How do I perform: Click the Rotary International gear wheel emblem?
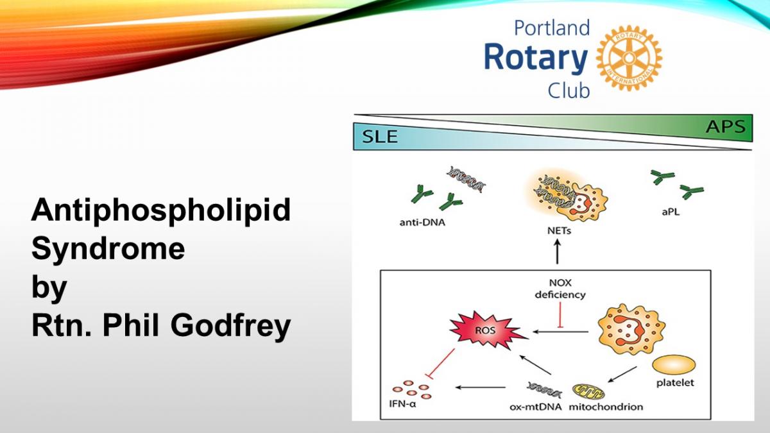(629, 58)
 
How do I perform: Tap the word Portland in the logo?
(552, 28)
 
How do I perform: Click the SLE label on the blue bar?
(380, 137)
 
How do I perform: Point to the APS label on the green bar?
(726, 126)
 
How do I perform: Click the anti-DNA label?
(422, 223)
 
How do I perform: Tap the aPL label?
(671, 212)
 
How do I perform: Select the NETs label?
(559, 230)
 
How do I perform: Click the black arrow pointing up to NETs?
(558, 251)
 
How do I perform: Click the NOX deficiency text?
(560, 289)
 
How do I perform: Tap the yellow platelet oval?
(674, 365)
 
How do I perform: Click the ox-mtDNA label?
(536, 407)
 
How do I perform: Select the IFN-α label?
(402, 403)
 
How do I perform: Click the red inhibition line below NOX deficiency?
(560, 315)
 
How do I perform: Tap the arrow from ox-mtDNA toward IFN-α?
(481, 387)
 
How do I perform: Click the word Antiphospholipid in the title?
(161, 210)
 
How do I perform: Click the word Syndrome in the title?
(108, 249)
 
